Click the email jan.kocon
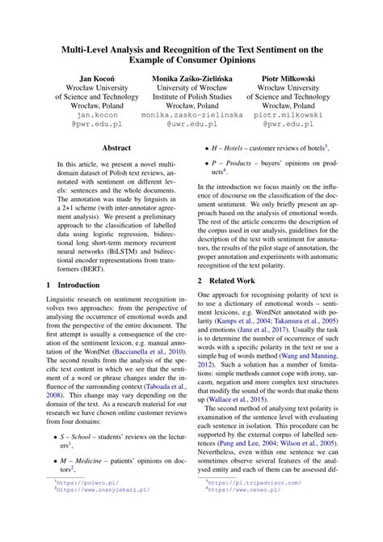(90, 116)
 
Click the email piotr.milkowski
(292, 116)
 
